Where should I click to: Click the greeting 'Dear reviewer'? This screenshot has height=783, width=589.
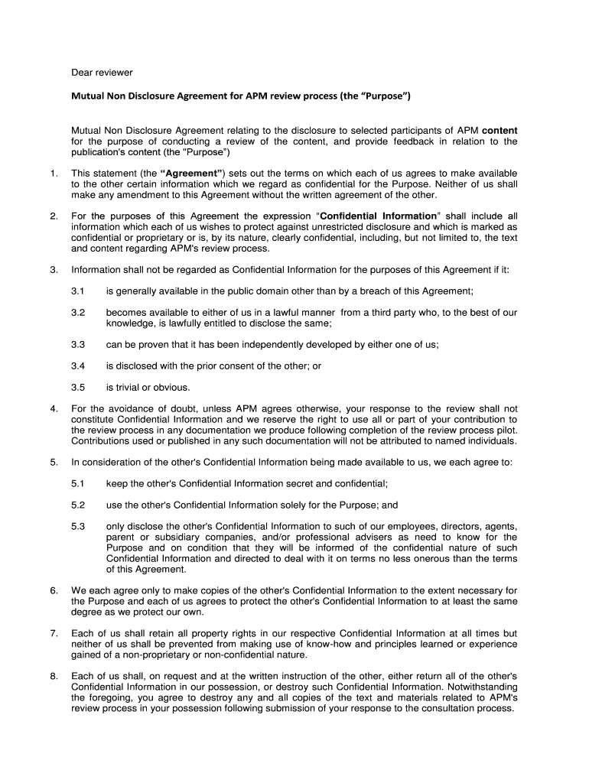102,73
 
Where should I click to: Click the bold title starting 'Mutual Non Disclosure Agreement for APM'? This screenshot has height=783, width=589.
241,97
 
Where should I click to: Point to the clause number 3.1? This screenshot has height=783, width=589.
78,291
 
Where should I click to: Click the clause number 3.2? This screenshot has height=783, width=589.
78,313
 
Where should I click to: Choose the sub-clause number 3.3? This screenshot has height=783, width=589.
78,345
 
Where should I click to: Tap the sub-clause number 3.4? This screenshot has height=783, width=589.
78,366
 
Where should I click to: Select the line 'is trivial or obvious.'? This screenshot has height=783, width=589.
148,388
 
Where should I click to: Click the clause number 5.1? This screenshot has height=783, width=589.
78,484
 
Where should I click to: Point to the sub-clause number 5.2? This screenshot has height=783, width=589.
78,505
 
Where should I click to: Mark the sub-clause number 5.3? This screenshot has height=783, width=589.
78,527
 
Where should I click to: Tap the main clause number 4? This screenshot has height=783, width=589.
54,409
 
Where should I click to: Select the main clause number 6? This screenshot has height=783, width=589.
54,591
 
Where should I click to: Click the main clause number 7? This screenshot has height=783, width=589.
54,634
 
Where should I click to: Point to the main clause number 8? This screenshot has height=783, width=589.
54,677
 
